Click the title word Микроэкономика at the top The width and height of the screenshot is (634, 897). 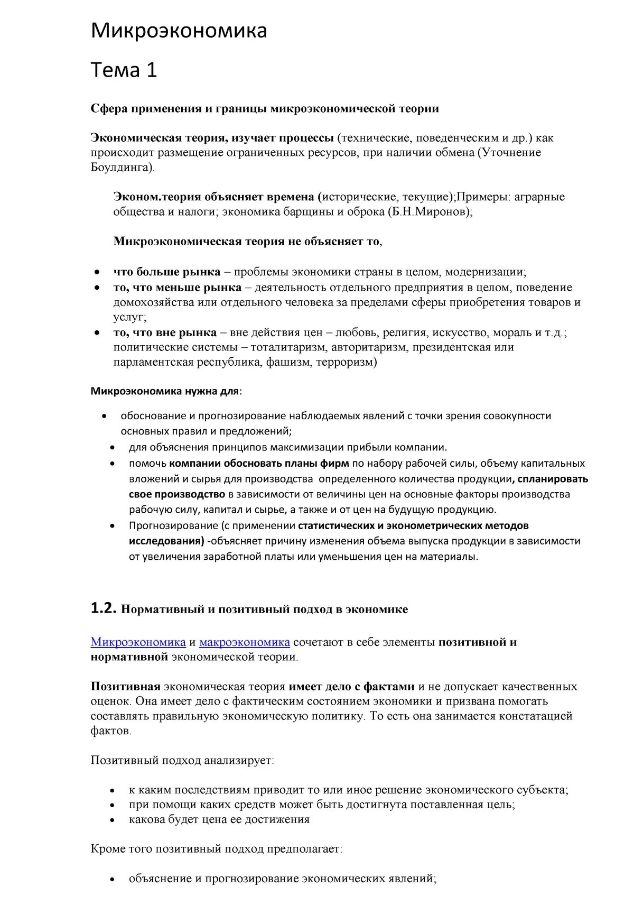179,31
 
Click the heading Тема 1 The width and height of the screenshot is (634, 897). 124,70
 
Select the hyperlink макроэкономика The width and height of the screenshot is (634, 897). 244,642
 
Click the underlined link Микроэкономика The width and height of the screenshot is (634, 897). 138,642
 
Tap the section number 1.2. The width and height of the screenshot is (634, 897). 103,608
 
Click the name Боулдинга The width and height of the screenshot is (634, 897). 122,168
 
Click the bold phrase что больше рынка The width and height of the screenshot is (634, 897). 166,272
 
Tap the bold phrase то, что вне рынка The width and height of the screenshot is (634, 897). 165,332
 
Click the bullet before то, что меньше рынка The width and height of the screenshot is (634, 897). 97,288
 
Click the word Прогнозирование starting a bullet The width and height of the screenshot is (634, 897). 166,525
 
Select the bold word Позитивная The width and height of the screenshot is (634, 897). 125,687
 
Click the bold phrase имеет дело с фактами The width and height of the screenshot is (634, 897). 351,687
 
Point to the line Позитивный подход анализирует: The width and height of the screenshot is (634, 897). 182,761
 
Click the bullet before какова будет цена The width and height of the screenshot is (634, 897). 112,820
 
